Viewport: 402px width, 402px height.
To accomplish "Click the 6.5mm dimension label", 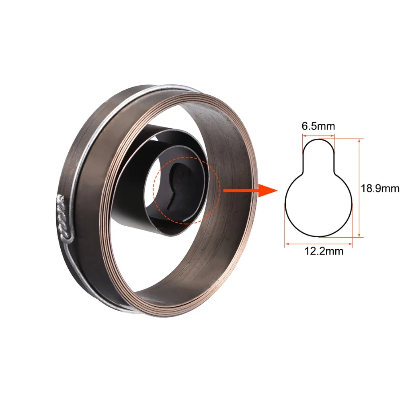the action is pyautogui.click(x=318, y=126).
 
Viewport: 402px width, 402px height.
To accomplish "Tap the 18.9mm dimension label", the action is pyautogui.click(x=380, y=189).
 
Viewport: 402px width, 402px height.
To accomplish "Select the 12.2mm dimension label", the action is pyautogui.click(x=324, y=251).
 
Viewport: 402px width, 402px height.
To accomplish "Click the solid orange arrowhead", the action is pyautogui.click(x=268, y=191).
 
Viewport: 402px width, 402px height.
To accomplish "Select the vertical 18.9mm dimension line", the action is pyautogui.click(x=359, y=188).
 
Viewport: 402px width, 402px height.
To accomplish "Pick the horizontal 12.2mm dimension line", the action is pyautogui.click(x=318, y=244).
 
